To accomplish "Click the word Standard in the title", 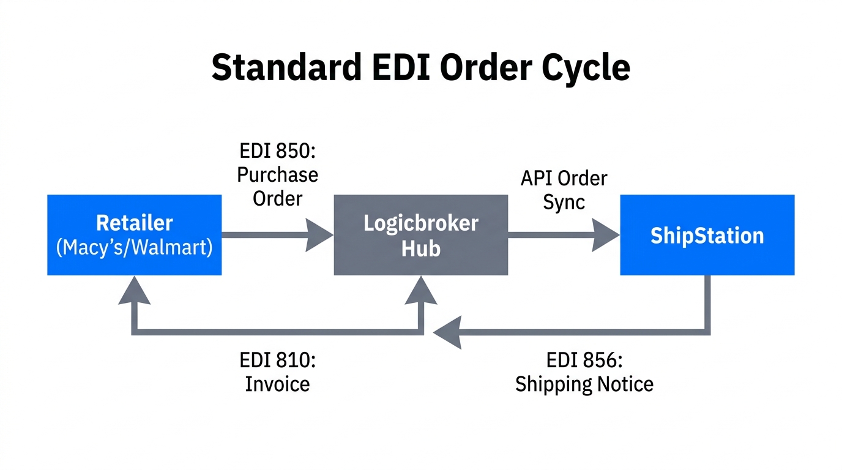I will pyautogui.click(x=286, y=67).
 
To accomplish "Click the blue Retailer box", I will pyautogui.click(x=134, y=234).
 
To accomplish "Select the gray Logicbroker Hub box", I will pyautogui.click(x=420, y=234).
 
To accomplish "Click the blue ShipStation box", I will pyautogui.click(x=707, y=235).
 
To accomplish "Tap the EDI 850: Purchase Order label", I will pyautogui.click(x=277, y=175).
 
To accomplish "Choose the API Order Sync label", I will pyautogui.click(x=564, y=190).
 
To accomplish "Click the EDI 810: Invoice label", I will pyautogui.click(x=277, y=371).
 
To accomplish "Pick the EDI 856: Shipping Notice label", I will pyautogui.click(x=584, y=371).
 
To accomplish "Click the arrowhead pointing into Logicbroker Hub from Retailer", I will pyautogui.click(x=319, y=235).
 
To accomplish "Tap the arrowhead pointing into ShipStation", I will pyautogui.click(x=606, y=235).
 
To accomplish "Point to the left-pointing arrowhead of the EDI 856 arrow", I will pyautogui.click(x=447, y=333).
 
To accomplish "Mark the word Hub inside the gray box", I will pyautogui.click(x=420, y=248).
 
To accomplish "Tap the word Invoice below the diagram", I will pyautogui.click(x=277, y=384).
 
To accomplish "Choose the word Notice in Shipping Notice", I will pyautogui.click(x=622, y=384).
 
